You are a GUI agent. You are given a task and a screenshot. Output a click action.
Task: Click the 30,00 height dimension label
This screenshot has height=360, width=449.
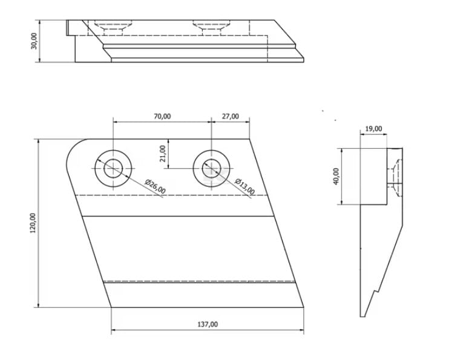pyautogui.click(x=34, y=41)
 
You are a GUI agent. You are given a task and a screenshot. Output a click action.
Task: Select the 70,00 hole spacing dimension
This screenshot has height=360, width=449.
pyautogui.click(x=162, y=116)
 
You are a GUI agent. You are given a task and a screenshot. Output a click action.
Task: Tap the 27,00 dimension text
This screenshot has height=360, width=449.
pyautogui.click(x=230, y=116)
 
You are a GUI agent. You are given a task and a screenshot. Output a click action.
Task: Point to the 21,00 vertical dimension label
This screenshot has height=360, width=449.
pyautogui.click(x=163, y=154)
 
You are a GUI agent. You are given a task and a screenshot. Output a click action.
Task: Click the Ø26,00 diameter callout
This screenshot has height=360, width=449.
pyautogui.click(x=155, y=186)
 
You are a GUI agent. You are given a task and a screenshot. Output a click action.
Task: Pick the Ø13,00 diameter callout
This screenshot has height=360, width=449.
pyautogui.click(x=244, y=186)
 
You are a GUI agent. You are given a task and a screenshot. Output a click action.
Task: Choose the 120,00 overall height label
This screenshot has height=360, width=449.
pyautogui.click(x=33, y=223)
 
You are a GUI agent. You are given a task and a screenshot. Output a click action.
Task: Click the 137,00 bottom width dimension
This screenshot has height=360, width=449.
pyautogui.click(x=208, y=324)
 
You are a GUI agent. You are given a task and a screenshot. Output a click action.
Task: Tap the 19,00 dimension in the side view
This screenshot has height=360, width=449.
pyautogui.click(x=374, y=129)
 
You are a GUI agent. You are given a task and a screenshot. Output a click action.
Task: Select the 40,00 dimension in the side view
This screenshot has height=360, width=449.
pyautogui.click(x=336, y=177)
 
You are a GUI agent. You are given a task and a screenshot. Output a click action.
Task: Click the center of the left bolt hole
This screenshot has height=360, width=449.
pyautogui.click(x=113, y=168)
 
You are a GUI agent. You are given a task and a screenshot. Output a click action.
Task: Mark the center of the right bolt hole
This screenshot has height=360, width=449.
pyautogui.click(x=212, y=168)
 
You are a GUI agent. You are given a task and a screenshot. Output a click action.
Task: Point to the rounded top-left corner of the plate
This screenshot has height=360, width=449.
pyautogui.click(x=73, y=146)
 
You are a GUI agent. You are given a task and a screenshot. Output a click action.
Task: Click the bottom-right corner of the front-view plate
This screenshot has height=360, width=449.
pyautogui.click(x=304, y=307)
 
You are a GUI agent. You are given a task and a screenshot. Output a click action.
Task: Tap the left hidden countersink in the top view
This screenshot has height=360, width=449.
pyautogui.click(x=113, y=27)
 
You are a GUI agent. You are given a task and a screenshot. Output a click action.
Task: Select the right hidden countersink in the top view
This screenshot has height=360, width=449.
pyautogui.click(x=212, y=27)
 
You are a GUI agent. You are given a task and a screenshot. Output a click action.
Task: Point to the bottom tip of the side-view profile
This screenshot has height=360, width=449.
pyautogui.click(x=362, y=316)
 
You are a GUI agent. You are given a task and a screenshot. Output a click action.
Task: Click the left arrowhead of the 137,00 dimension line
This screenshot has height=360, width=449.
pyautogui.click(x=113, y=330)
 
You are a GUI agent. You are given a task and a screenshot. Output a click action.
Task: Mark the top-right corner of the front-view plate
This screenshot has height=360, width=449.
pyautogui.click(x=249, y=139)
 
